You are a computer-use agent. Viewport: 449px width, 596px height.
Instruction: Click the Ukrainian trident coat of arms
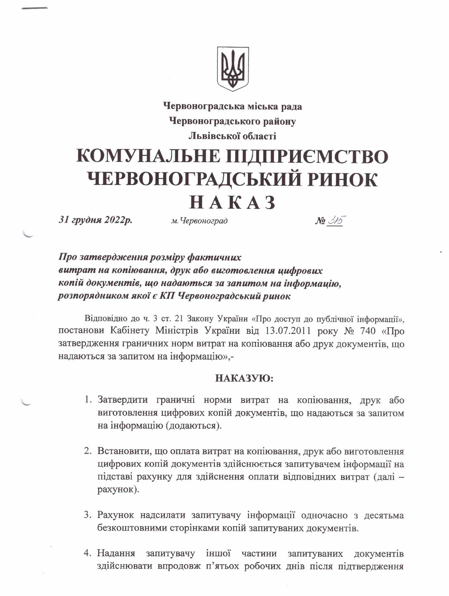tap(233, 69)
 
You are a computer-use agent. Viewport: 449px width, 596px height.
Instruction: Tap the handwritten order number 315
tap(336, 221)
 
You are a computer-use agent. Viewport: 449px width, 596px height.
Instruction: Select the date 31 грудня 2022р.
tap(95, 220)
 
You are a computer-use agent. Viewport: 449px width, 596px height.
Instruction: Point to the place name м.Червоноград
tap(199, 221)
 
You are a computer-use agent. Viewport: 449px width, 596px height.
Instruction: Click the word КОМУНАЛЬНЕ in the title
tap(148, 156)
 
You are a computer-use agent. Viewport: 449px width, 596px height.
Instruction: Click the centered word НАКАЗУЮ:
tap(244, 378)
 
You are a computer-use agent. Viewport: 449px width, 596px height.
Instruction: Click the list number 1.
tap(87, 400)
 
